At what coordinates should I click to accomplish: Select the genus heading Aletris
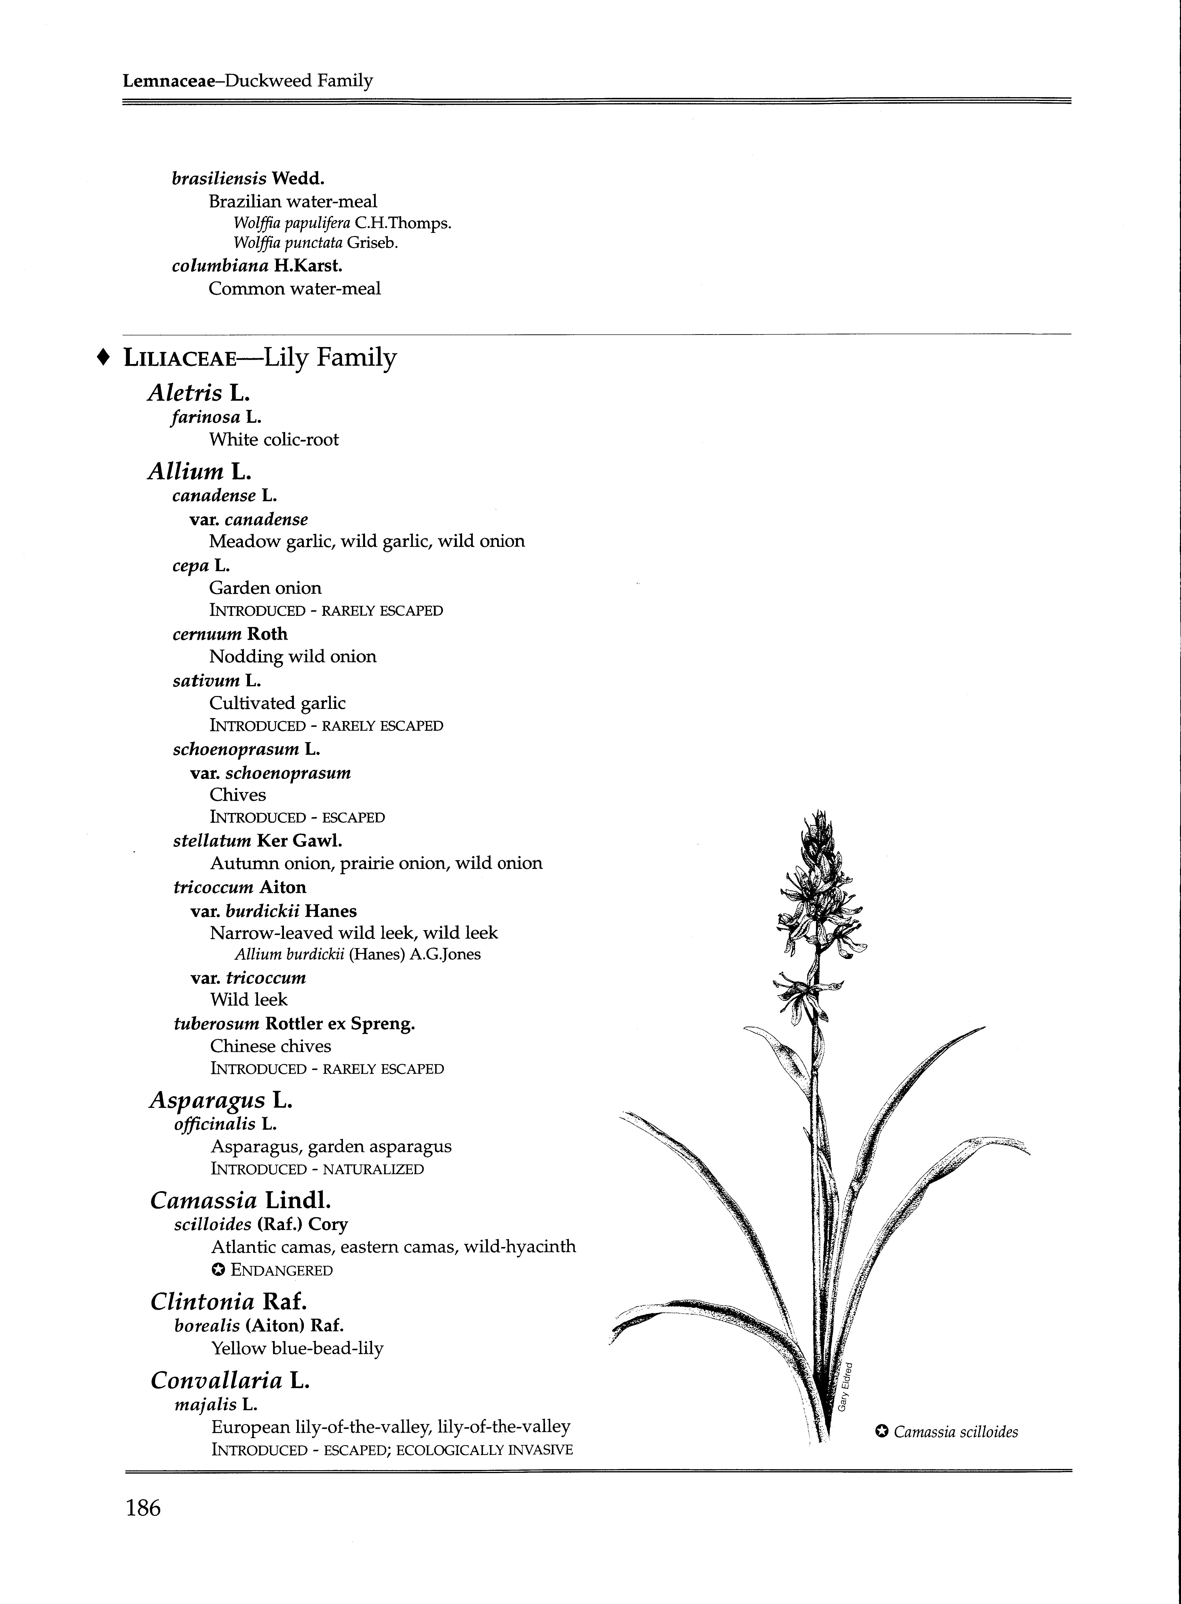[184, 393]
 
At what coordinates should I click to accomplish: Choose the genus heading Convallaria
[216, 1380]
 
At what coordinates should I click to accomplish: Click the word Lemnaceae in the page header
[169, 81]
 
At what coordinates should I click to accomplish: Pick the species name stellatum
[212, 841]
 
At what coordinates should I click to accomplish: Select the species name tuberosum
[216, 1024]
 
